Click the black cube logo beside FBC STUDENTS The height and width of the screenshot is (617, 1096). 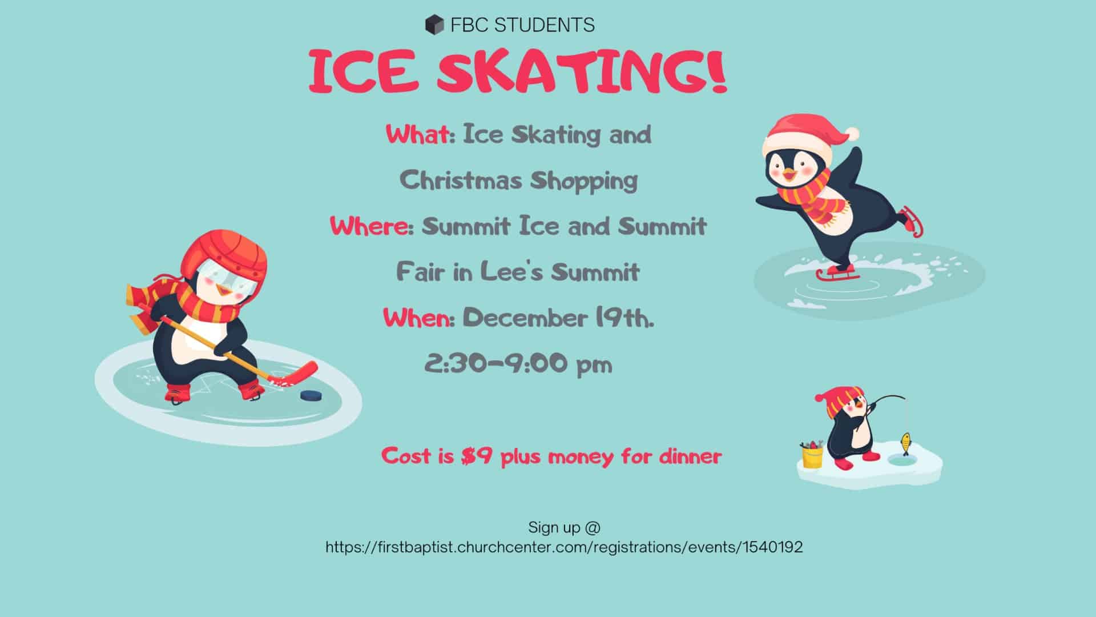pyautogui.click(x=434, y=25)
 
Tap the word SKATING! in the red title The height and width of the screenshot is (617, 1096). pyautogui.click(x=583, y=72)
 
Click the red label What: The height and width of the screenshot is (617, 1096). pyautogui.click(x=420, y=135)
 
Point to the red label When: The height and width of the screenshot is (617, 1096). pyautogui.click(x=418, y=318)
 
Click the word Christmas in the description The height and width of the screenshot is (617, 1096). pyautogui.click(x=461, y=181)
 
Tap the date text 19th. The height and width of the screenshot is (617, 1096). pyautogui.click(x=624, y=318)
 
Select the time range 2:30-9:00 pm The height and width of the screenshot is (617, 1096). pyautogui.click(x=518, y=363)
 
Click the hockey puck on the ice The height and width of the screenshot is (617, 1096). pyautogui.click(x=311, y=395)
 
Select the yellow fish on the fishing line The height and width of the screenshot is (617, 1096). pyautogui.click(x=905, y=441)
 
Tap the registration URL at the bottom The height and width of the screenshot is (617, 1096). pyautogui.click(x=564, y=547)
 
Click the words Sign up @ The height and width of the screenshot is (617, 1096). pyautogui.click(x=565, y=527)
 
